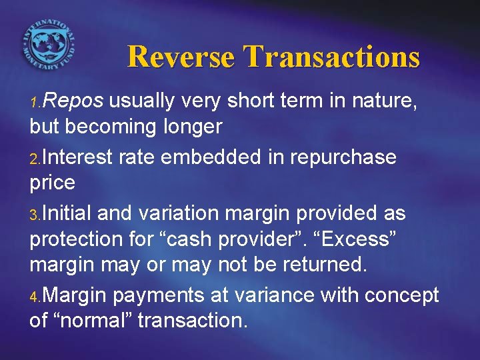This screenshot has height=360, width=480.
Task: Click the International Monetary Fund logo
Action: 48,41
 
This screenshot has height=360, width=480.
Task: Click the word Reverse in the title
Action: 181,57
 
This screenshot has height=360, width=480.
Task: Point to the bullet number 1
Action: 35,103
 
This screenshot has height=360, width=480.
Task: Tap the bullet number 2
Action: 35,159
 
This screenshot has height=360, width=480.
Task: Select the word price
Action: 52,182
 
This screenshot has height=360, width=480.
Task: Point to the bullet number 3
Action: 35,215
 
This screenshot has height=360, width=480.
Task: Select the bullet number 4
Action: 35,297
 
